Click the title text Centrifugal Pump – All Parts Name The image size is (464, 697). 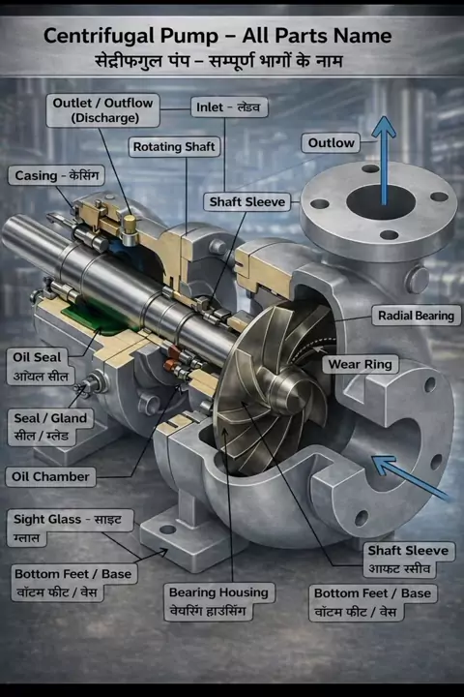[x=217, y=36]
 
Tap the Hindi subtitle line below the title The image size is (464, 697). [x=218, y=60]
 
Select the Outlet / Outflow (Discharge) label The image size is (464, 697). [x=103, y=109]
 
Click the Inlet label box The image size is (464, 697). [x=229, y=107]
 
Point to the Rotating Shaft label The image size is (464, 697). [x=174, y=147]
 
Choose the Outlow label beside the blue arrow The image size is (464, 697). [x=331, y=143]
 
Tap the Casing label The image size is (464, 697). [x=56, y=175]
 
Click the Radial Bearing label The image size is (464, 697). [x=416, y=316]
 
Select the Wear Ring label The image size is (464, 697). [x=361, y=365]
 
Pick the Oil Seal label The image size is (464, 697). [x=41, y=367]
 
